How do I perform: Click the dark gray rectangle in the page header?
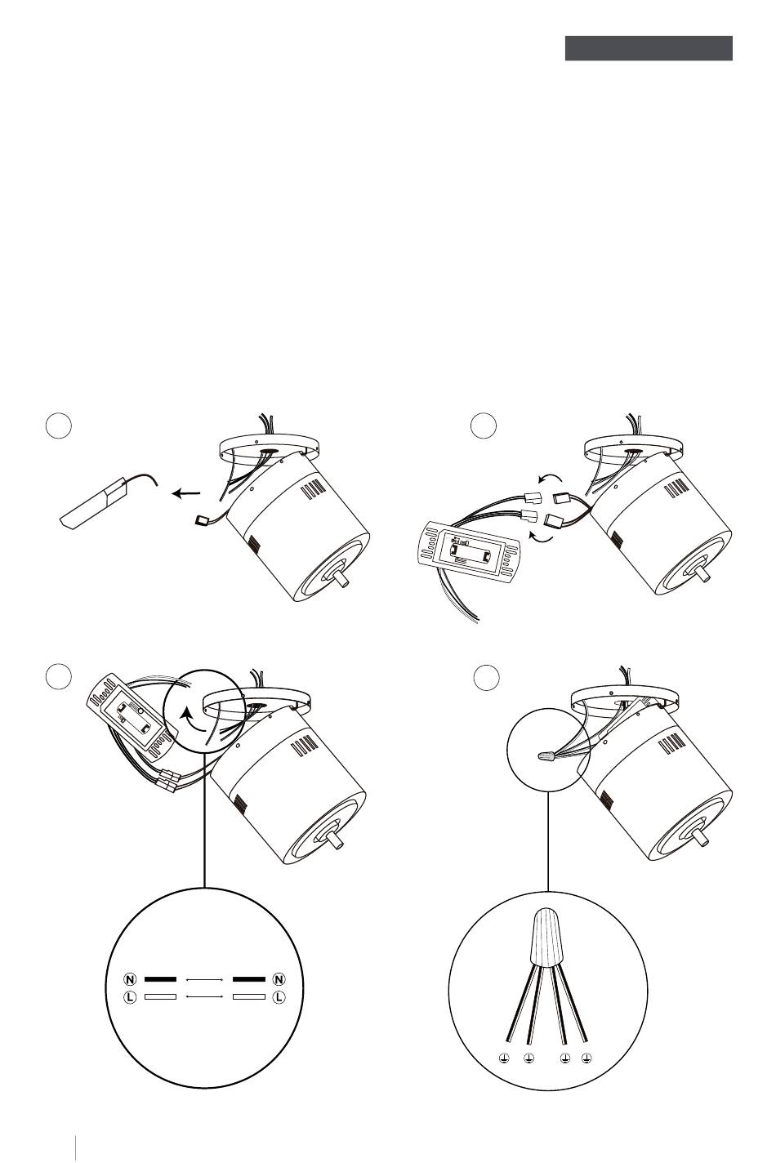pos(649,48)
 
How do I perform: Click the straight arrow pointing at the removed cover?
pos(186,492)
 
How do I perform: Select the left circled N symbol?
pos(130,979)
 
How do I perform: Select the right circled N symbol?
pos(279,979)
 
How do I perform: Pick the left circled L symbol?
pos(130,997)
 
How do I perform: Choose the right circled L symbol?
pos(279,997)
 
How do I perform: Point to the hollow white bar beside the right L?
pos(249,997)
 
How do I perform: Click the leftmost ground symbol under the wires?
pos(503,1058)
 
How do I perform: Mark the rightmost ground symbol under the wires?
pos(586,1058)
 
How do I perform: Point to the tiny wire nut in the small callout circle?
pos(546,758)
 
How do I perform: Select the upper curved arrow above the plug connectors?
pos(550,477)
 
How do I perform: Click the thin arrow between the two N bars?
pos(205,980)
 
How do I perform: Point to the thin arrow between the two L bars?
pos(205,997)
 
